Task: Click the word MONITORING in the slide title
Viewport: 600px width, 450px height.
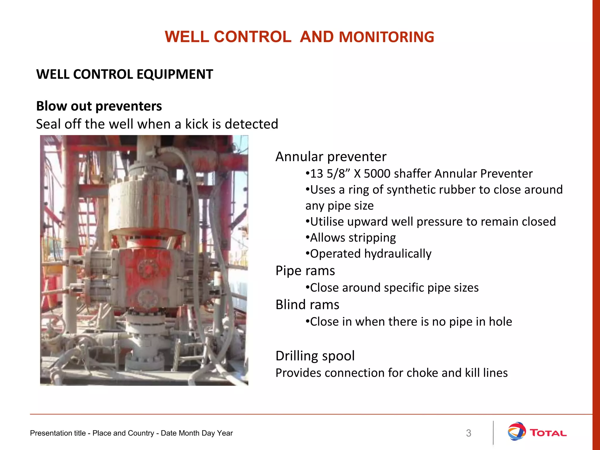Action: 386,37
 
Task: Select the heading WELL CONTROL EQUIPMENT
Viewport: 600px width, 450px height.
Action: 125,74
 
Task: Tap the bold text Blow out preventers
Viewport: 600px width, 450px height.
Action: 99,106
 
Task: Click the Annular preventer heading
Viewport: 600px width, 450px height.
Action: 331,157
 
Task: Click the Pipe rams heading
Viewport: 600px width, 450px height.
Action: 305,271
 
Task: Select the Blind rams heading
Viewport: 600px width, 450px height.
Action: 307,305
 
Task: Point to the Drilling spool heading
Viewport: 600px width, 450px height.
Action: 315,356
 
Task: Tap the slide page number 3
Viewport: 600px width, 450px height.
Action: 468,433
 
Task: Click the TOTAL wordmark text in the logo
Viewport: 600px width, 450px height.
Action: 548,433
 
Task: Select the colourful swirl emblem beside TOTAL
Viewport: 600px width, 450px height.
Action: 517,431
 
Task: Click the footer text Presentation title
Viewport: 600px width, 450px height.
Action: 57,433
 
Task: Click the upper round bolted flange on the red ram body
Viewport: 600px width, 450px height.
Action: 148,269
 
